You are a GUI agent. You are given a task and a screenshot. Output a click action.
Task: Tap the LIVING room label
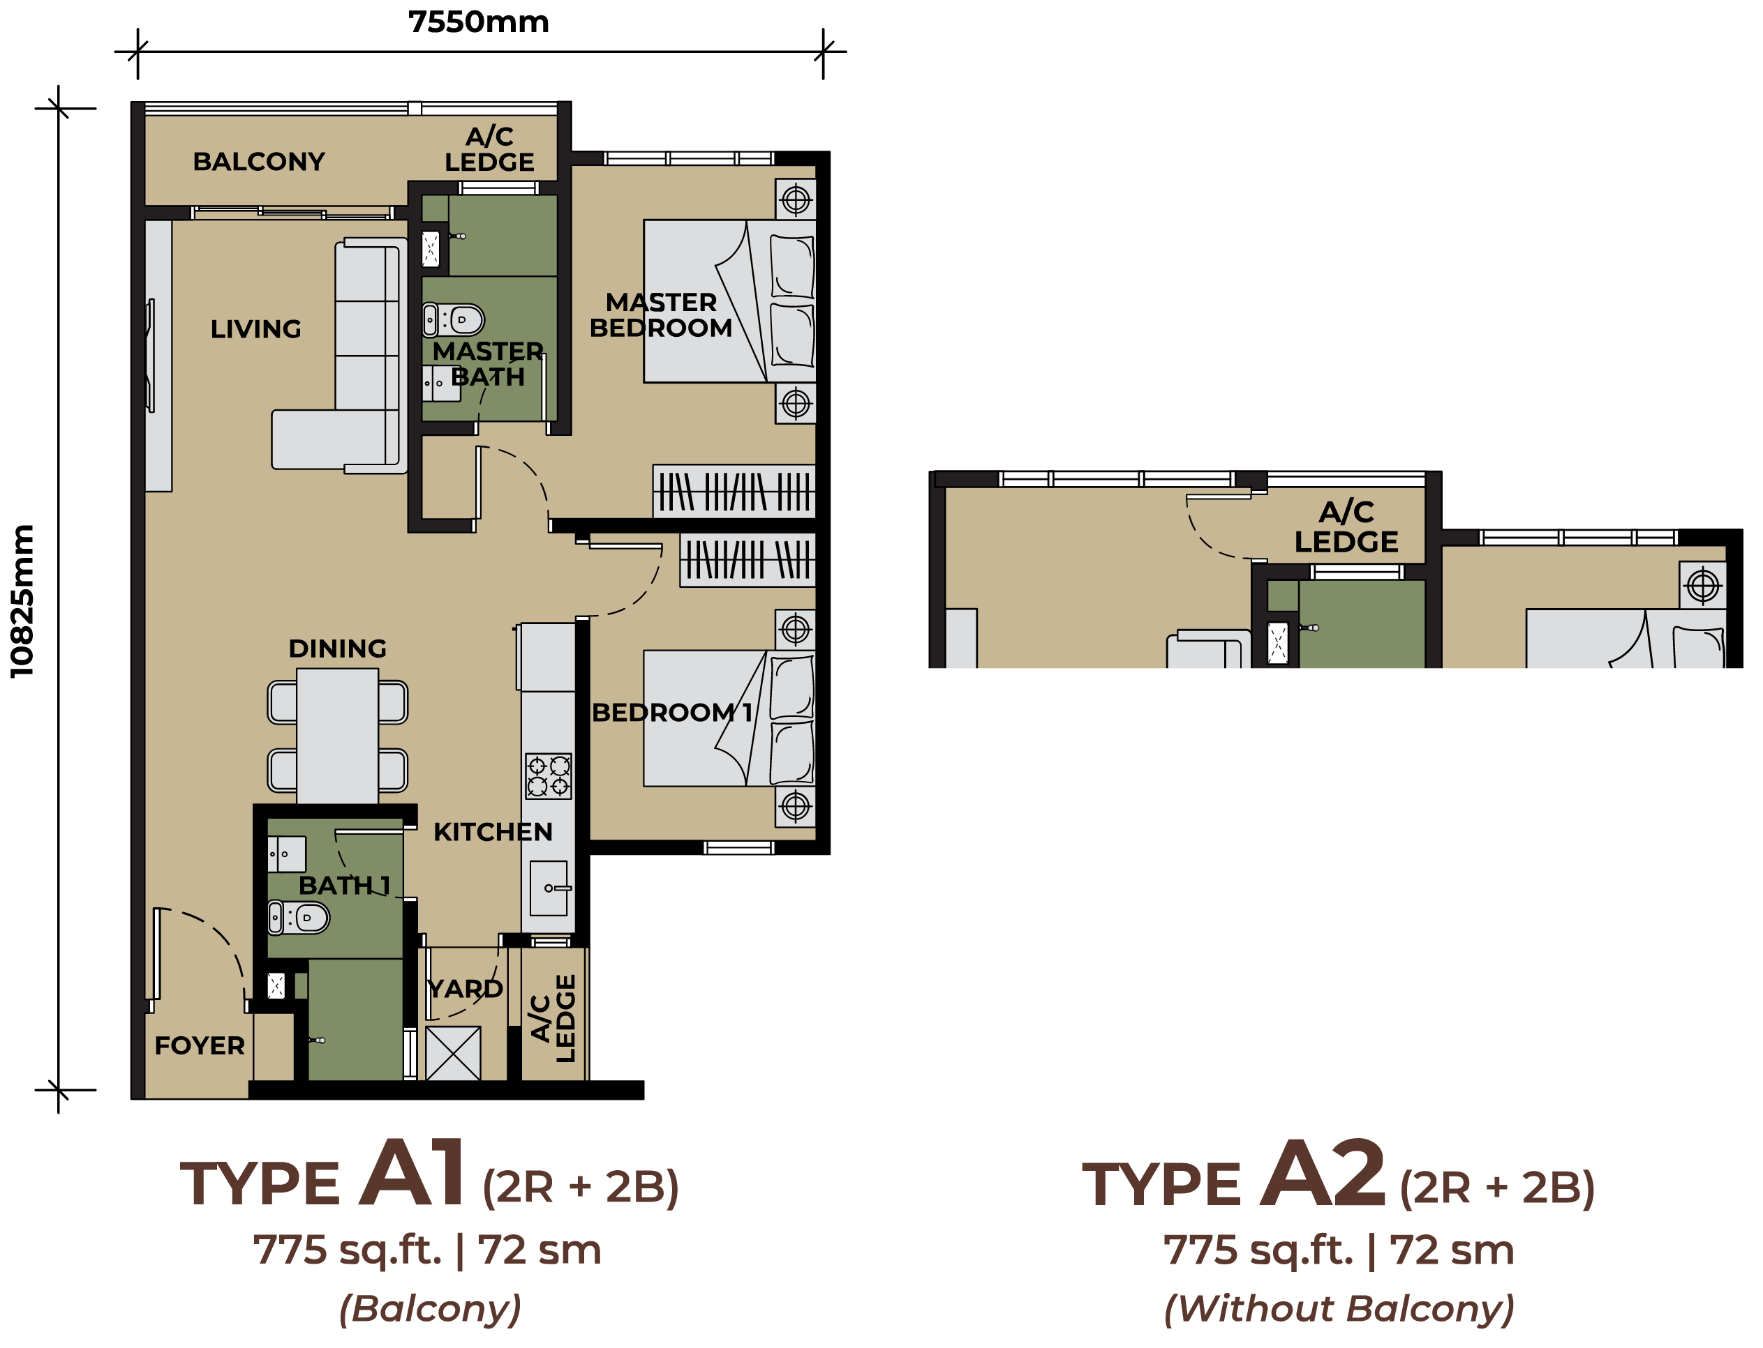coord(255,329)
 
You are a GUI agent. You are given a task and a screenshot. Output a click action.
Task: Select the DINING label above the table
coord(337,649)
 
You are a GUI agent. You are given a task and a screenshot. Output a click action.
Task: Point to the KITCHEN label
coord(493,832)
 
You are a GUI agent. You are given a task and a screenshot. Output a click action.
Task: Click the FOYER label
coord(199,1045)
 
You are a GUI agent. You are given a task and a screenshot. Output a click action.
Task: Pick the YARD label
coord(465,989)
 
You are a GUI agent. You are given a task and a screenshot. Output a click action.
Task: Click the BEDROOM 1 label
coord(672,713)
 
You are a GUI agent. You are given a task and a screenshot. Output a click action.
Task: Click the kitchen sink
coord(549,888)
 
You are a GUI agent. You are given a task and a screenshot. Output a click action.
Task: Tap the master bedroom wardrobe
coord(734,491)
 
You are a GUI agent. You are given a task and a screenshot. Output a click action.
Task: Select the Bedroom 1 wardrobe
coord(747,559)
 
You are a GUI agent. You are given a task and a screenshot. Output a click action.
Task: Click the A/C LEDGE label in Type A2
coord(1346,527)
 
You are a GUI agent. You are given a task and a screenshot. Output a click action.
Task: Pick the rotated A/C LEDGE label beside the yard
coord(554,1019)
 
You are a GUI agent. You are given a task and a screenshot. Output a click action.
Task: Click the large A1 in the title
coord(412,1173)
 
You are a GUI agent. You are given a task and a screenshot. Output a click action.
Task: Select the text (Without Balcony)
coord(1339,1309)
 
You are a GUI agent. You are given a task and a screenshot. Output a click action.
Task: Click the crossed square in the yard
coord(454,1054)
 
